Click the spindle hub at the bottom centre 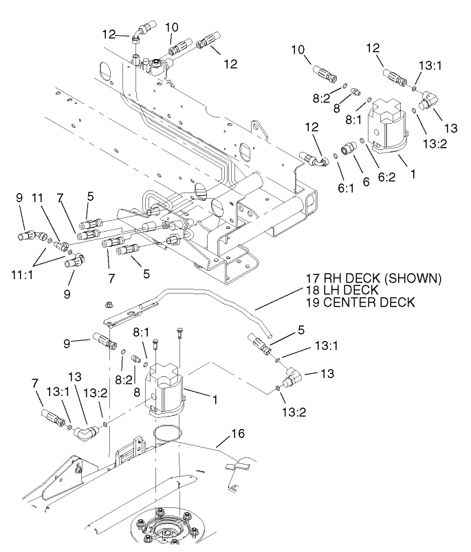pos(166,530)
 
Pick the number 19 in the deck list pos(314,302)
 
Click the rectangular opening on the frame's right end pos(311,202)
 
